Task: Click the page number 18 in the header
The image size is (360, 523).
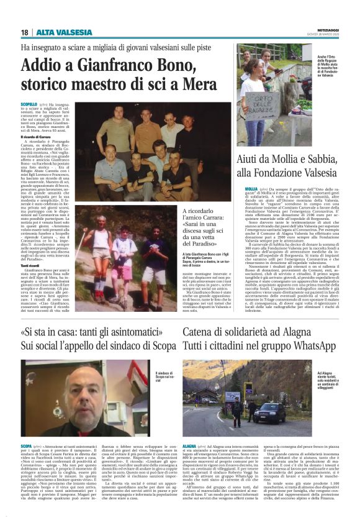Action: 24,32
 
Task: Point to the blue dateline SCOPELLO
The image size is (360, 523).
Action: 29,104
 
